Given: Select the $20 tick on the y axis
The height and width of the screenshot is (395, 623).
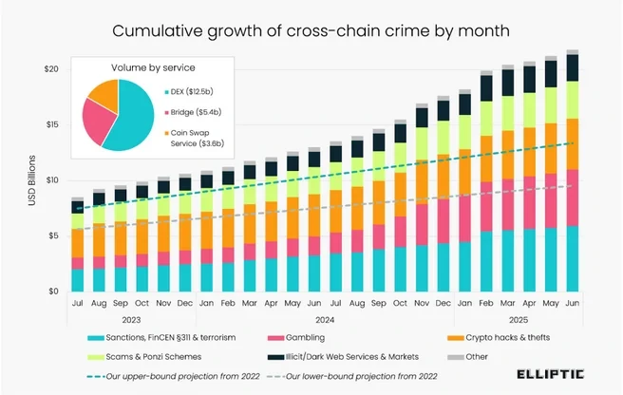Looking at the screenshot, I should tap(53, 69).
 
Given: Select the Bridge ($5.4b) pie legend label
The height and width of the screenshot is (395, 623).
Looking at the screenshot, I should tap(197, 112).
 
